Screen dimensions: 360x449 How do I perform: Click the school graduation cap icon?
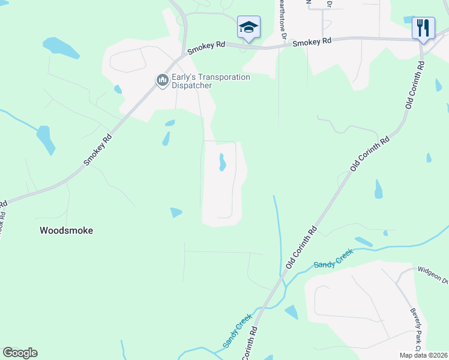[x=249, y=27]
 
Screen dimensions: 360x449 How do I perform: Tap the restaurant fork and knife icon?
[x=423, y=28]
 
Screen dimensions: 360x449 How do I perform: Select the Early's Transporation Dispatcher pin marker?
[x=162, y=80]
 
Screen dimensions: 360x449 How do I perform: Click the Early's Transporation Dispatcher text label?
[x=210, y=81]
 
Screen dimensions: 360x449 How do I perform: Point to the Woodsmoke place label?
[x=66, y=230]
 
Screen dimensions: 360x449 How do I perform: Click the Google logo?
[x=20, y=353]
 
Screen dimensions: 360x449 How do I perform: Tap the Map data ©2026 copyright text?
[x=423, y=355]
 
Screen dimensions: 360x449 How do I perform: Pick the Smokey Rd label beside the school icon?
[x=205, y=48]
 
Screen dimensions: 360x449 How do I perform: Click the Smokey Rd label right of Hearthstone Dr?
[x=312, y=42]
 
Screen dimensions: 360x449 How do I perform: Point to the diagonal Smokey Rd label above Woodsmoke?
[x=98, y=150]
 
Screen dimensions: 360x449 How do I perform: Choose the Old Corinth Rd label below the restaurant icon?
[x=414, y=84]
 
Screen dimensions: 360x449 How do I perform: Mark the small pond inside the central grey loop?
[x=222, y=162]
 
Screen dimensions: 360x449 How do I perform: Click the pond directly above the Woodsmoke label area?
[x=176, y=212]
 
